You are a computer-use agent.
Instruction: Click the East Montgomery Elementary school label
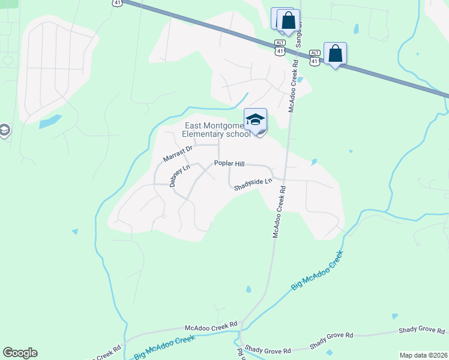click(217, 130)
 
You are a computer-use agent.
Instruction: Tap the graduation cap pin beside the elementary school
click(255, 120)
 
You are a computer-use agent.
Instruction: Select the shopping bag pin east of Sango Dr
click(335, 55)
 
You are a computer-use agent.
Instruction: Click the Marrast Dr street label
click(178, 154)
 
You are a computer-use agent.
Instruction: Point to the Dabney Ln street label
click(179, 176)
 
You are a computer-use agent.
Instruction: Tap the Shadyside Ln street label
click(253, 184)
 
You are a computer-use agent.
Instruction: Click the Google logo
click(20, 353)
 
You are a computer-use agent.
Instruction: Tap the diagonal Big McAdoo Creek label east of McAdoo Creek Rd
click(317, 271)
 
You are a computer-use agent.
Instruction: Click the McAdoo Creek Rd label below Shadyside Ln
click(279, 212)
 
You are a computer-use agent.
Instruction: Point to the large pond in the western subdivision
click(50, 121)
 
